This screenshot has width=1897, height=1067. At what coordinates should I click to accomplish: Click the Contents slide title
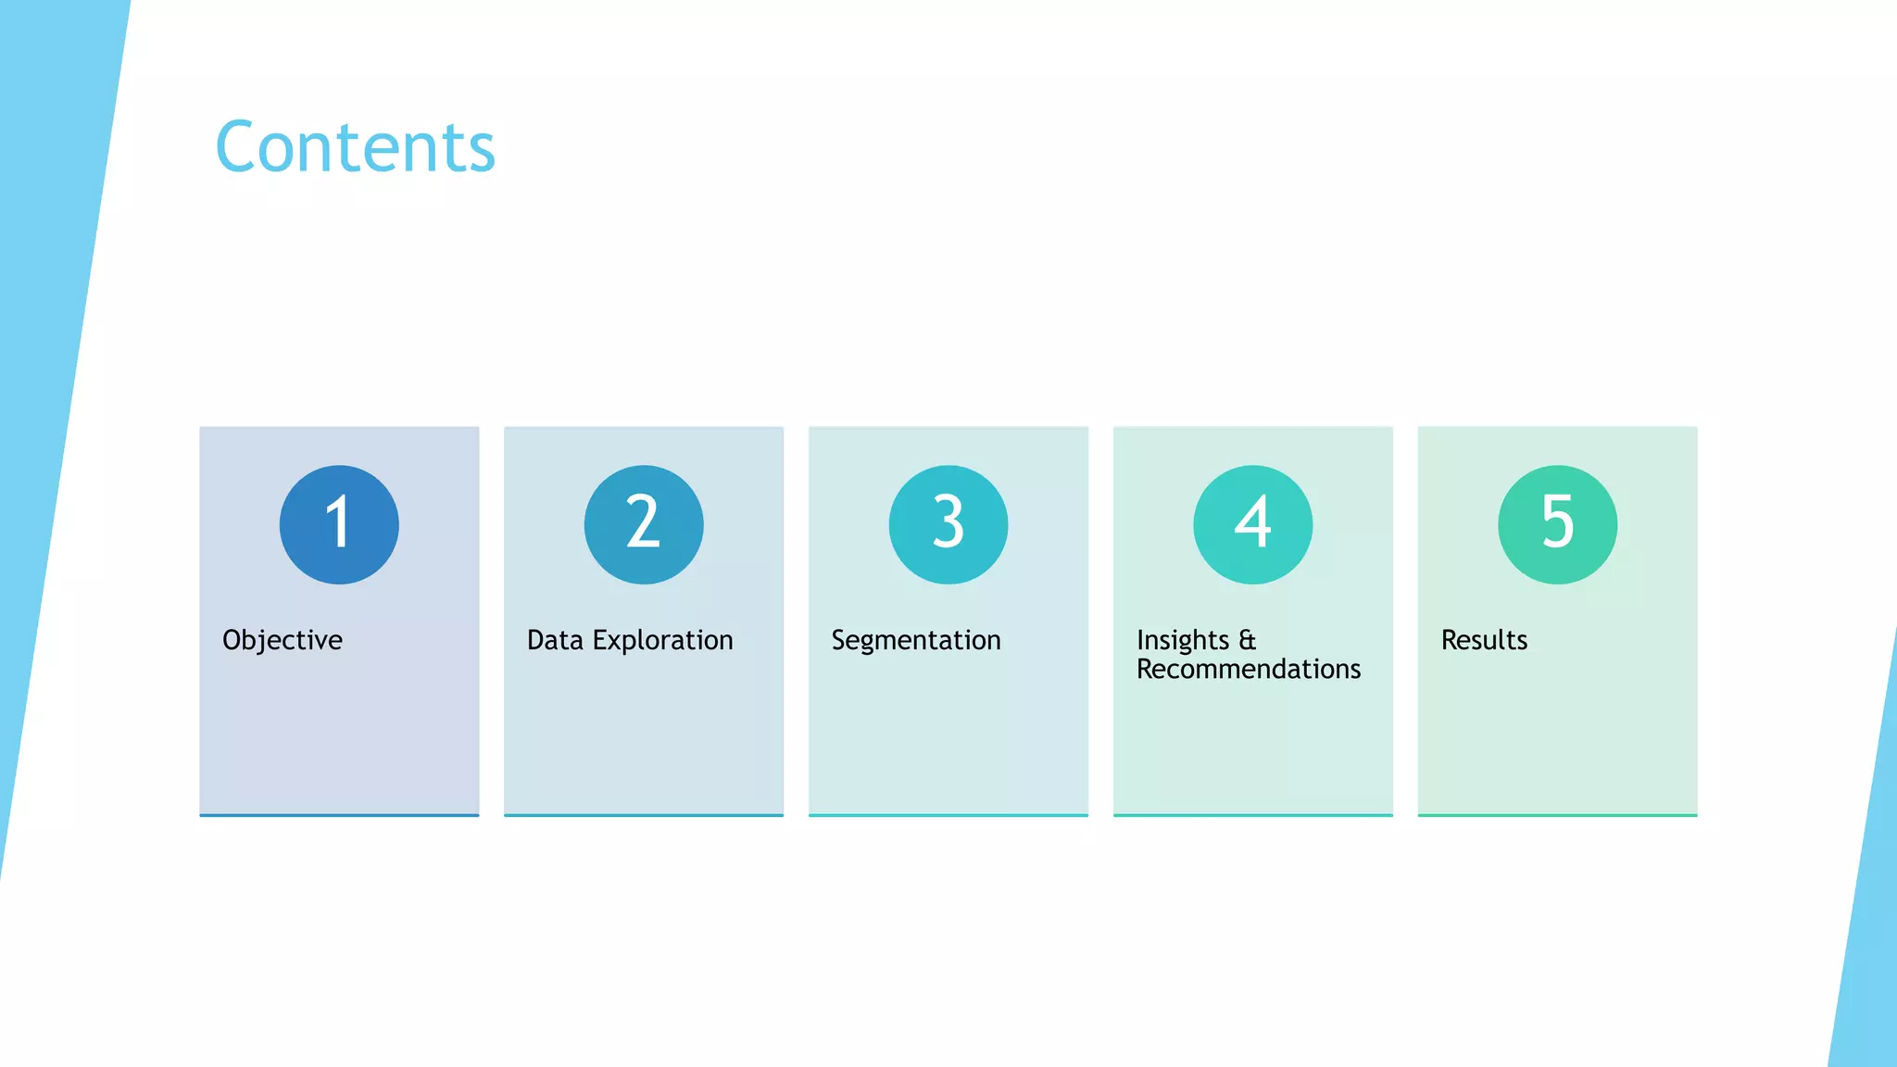click(x=356, y=147)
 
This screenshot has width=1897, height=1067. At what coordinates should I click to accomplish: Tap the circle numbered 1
click(x=339, y=524)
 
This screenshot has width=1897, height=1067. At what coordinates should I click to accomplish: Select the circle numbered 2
click(x=644, y=524)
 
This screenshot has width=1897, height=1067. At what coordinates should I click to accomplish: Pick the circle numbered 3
click(x=948, y=524)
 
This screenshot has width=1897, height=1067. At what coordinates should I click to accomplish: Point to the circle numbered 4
click(x=1252, y=524)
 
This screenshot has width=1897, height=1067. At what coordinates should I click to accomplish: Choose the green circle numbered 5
click(x=1557, y=524)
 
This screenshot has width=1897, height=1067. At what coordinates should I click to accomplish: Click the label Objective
click(x=283, y=640)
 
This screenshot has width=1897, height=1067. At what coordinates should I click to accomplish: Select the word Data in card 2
click(x=555, y=640)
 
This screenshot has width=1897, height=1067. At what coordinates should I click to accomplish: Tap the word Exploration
click(x=662, y=640)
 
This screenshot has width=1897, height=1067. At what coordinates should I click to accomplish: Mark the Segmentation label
click(x=916, y=640)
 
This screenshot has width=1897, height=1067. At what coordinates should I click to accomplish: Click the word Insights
click(x=1183, y=640)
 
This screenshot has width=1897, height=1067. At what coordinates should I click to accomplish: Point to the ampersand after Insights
click(x=1248, y=640)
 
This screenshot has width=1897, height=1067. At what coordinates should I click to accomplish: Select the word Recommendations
click(x=1249, y=669)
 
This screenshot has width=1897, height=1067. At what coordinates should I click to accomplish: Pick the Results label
click(x=1484, y=640)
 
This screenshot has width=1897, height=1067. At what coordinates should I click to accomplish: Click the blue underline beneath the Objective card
click(x=339, y=815)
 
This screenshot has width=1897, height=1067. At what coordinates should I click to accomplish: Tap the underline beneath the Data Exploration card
click(x=644, y=815)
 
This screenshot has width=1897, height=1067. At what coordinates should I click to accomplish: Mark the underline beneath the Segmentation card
click(x=948, y=815)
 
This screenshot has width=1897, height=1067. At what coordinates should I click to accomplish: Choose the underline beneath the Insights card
click(x=1252, y=815)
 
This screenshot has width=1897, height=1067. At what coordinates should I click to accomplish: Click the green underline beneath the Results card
click(x=1557, y=815)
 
